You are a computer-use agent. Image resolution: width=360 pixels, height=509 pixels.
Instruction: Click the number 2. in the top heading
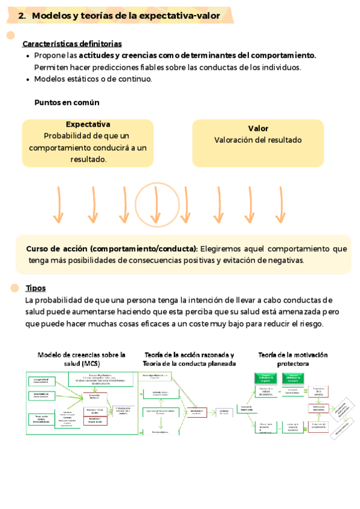tap(22, 16)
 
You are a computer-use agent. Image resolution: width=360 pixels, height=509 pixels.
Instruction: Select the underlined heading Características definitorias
tap(72, 44)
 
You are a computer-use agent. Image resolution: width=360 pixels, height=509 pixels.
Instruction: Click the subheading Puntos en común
tap(67, 102)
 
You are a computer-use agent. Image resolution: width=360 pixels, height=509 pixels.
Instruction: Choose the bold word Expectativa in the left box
tap(88, 124)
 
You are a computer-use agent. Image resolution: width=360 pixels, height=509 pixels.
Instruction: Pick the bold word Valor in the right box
tap(258, 128)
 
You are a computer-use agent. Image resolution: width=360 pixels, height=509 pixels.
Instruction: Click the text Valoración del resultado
tap(258, 140)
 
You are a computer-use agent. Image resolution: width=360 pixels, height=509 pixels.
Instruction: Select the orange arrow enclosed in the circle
tap(155, 204)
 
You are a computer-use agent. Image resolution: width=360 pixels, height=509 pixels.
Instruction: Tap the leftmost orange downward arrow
tap(58, 204)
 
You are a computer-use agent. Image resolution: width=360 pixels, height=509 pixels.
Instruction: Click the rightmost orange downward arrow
tap(281, 204)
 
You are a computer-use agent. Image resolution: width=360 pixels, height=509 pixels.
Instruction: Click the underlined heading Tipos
tap(35, 288)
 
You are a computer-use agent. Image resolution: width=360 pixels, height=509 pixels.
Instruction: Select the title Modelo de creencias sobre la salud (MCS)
tap(82, 359)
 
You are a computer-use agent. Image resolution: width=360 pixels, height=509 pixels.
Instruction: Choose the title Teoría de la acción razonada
tap(189, 355)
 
